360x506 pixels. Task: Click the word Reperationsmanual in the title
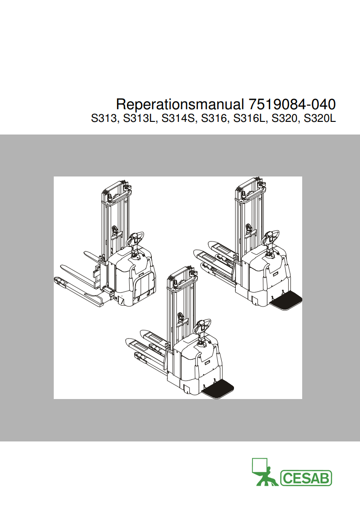(180, 104)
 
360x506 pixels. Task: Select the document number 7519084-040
(292, 104)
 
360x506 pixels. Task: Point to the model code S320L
(320, 119)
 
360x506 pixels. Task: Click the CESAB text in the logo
(306, 478)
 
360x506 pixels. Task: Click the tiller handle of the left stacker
(136, 238)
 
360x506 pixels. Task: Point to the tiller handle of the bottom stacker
(203, 325)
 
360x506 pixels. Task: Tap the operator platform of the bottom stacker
(218, 389)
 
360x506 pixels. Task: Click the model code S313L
(139, 119)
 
